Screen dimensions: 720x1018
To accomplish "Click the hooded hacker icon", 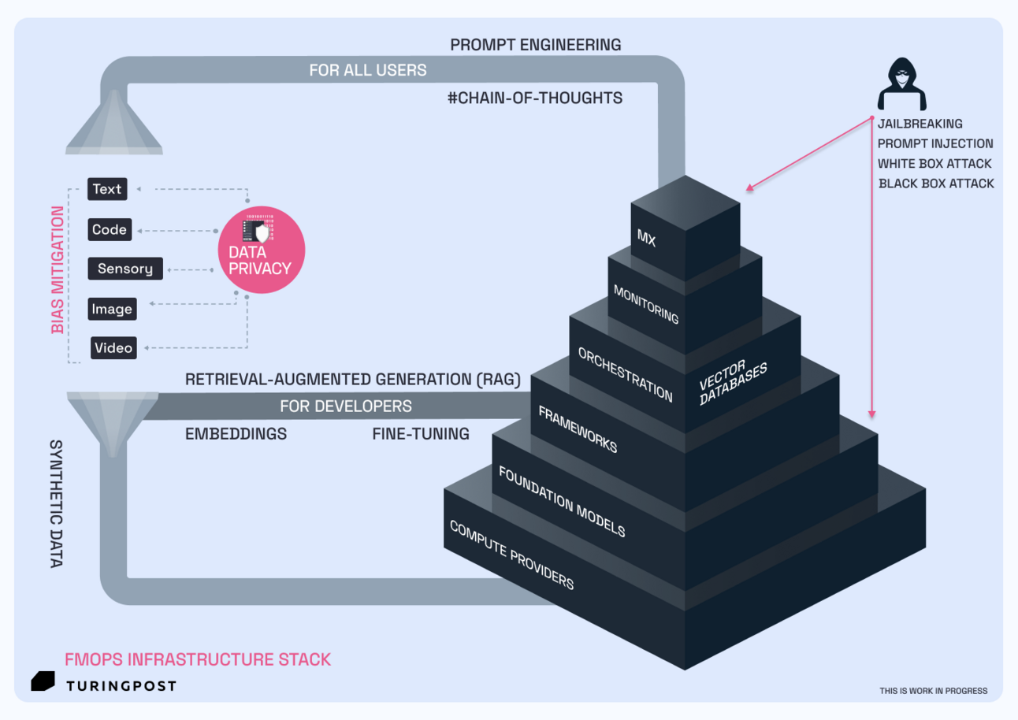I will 902,84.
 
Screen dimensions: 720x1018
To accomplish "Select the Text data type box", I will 107,189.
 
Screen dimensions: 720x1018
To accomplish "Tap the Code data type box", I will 109,230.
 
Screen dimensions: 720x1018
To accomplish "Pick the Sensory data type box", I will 125,269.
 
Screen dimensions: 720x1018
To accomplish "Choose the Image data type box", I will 111,310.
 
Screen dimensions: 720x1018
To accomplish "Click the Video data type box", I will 113,348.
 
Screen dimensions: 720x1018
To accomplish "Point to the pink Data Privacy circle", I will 261,251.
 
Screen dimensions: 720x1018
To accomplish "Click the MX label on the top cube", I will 646,238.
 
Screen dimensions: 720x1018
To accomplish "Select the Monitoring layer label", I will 645,303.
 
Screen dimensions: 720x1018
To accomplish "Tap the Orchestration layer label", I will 625,374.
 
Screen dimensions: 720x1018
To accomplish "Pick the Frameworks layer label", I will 577,429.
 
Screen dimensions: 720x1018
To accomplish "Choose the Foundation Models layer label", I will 562,502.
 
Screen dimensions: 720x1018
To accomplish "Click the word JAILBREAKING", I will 920,124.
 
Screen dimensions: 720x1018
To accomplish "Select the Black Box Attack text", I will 935,184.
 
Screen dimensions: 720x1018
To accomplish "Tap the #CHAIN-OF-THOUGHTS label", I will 534,98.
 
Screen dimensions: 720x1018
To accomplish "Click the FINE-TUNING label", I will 421,434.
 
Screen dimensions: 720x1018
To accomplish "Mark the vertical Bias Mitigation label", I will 58,270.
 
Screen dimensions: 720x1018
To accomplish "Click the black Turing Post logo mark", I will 43,683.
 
